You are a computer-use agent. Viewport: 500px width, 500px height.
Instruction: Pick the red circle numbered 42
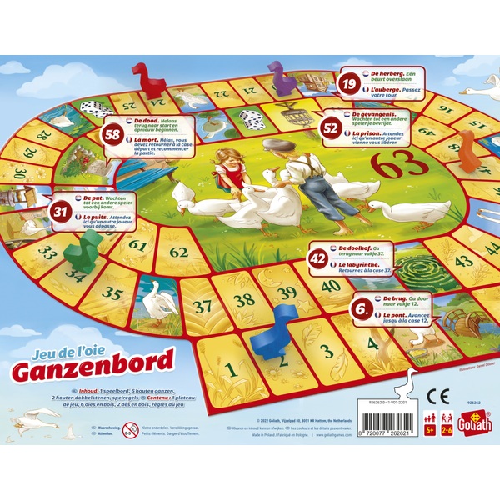(317, 257)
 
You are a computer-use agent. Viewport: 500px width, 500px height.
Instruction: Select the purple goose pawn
(281, 77)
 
